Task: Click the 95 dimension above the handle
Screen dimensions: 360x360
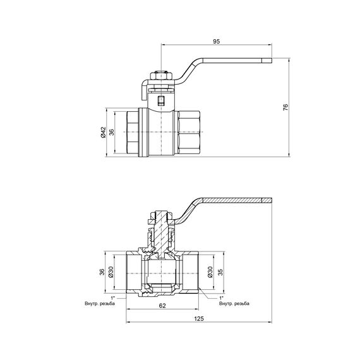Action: pyautogui.click(x=216, y=41)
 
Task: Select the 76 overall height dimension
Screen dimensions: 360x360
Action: pyautogui.click(x=285, y=108)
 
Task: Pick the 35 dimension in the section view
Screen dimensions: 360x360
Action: pyautogui.click(x=220, y=273)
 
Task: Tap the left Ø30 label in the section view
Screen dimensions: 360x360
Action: pyautogui.click(x=111, y=273)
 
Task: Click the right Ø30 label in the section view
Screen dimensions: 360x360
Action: pyautogui.click(x=209, y=273)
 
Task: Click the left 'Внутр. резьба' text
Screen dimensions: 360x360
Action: pyautogui.click(x=100, y=303)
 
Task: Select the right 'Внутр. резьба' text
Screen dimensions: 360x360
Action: pyautogui.click(x=234, y=303)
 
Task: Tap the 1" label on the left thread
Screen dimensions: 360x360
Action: pyautogui.click(x=113, y=297)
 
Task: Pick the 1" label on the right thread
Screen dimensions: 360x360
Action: pyautogui.click(x=222, y=297)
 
